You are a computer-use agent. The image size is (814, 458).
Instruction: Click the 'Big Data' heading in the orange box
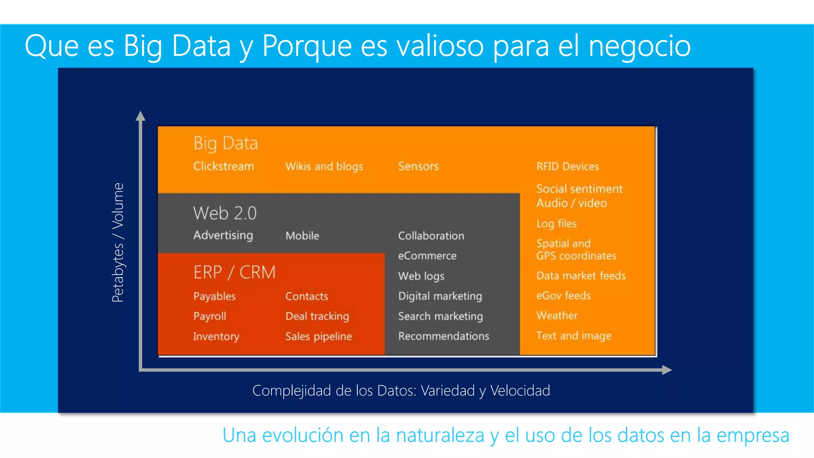(225, 143)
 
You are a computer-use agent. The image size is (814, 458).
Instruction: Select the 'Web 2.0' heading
(225, 213)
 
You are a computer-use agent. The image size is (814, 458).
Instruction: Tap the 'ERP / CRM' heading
(234, 272)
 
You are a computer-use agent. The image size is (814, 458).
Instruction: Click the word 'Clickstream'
(223, 166)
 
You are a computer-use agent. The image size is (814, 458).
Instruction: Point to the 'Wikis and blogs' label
(324, 166)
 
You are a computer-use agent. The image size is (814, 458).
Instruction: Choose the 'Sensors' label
(418, 166)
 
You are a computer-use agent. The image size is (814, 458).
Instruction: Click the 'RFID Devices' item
(567, 166)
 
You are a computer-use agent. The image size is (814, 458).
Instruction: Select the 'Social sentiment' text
(579, 189)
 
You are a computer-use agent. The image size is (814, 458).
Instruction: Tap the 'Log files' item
(556, 223)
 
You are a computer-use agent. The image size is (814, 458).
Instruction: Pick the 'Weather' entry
(556, 316)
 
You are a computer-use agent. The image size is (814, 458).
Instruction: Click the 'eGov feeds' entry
(563, 295)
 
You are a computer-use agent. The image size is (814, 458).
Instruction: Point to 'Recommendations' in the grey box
(444, 336)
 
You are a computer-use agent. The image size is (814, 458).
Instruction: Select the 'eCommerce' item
(427, 256)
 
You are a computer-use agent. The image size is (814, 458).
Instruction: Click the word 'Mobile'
(302, 236)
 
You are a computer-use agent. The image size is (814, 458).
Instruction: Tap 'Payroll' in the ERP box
(209, 316)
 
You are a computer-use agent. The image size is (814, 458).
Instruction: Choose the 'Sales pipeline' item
(318, 336)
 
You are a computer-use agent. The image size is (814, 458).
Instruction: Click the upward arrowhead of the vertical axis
(140, 116)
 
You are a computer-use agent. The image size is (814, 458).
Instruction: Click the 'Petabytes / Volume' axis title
(118, 243)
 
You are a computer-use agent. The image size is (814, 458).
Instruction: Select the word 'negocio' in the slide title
(639, 46)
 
